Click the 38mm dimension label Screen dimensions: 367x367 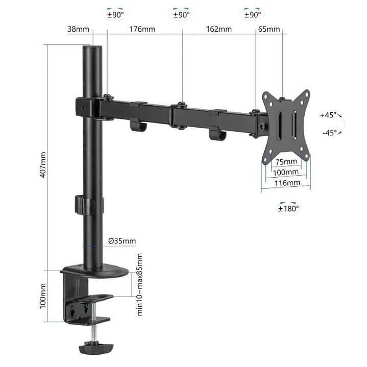78,29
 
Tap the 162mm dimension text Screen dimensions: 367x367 219,29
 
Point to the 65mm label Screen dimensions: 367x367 269,29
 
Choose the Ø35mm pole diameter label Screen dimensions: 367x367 123,241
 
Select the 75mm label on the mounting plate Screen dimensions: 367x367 286,162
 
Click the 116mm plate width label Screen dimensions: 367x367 286,183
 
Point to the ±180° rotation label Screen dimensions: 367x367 288,208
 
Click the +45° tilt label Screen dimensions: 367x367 328,115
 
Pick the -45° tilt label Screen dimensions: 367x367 329,133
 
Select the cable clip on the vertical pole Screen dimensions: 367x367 84,204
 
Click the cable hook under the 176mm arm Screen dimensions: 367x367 136,125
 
